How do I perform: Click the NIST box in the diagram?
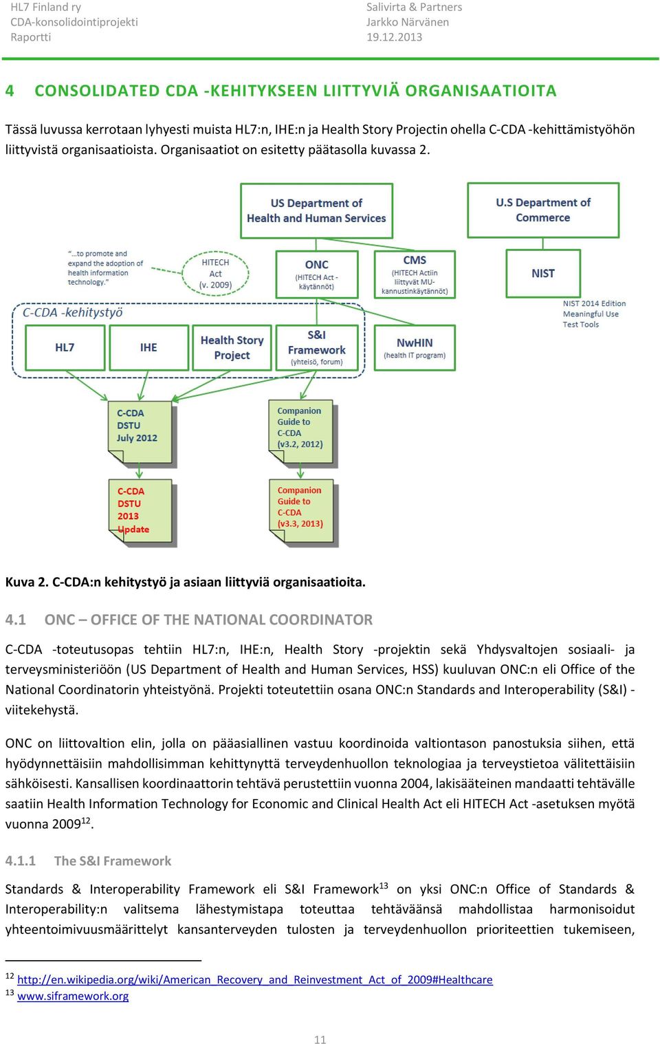(x=543, y=273)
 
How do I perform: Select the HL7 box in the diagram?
(x=65, y=348)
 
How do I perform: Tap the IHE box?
(x=148, y=348)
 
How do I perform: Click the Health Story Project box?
(x=232, y=348)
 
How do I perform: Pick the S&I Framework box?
(x=317, y=348)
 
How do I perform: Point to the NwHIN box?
(x=415, y=348)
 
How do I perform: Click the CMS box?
(x=415, y=274)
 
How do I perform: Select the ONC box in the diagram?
(x=317, y=274)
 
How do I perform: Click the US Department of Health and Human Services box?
(x=317, y=210)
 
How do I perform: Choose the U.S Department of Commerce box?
(x=543, y=210)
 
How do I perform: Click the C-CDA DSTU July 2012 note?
(x=140, y=433)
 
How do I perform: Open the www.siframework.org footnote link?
(x=73, y=996)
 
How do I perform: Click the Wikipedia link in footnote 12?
(x=255, y=979)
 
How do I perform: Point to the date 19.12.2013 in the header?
(x=394, y=37)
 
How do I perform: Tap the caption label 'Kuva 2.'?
(x=27, y=582)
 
